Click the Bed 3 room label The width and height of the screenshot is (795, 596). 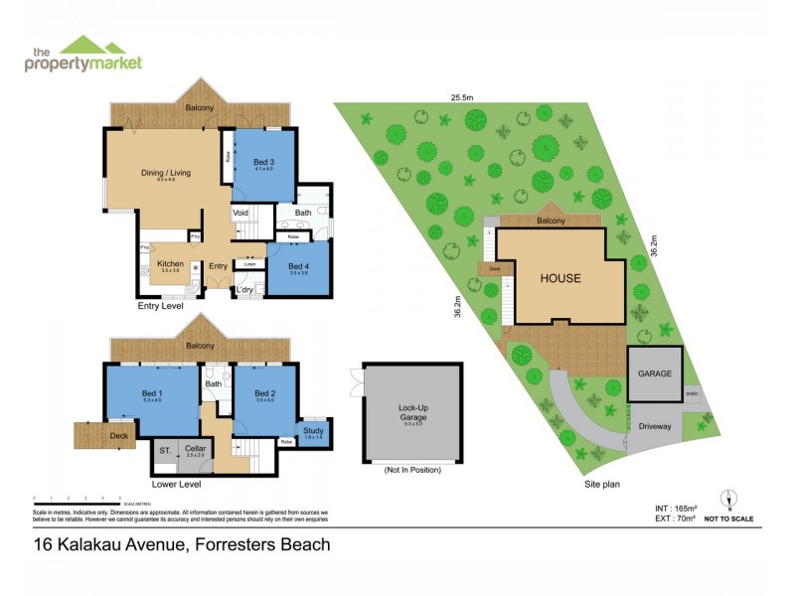(x=262, y=162)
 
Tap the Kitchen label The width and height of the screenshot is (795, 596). (x=170, y=263)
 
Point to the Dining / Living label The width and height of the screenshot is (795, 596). (x=165, y=173)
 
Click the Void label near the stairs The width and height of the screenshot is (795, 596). (x=240, y=213)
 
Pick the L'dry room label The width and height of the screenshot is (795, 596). (x=243, y=289)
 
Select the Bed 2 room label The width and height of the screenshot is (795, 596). (x=263, y=394)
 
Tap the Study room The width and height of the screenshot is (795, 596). (x=313, y=431)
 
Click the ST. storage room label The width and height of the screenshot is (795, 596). (x=164, y=450)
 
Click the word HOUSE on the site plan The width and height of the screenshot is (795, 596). (x=560, y=278)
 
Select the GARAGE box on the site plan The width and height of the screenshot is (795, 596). (x=655, y=374)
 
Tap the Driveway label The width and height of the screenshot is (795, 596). (x=655, y=426)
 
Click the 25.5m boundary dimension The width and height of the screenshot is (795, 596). (x=459, y=97)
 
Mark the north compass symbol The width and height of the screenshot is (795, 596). (x=728, y=500)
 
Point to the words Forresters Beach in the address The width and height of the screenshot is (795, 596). (x=262, y=544)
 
